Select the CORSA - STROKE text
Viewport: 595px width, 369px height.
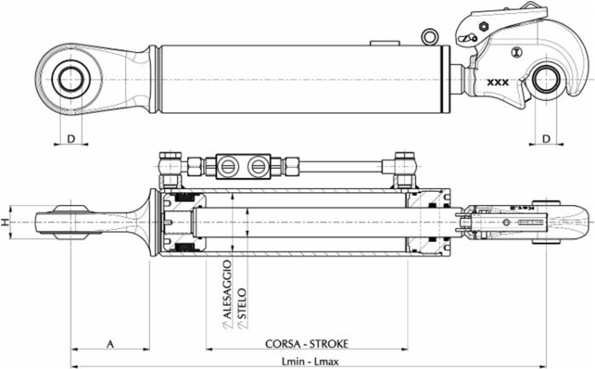pos(306,343)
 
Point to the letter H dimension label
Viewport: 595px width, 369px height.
pos(5,222)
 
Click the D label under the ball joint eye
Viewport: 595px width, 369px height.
pos(70,139)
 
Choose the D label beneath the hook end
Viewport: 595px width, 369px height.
pos(546,139)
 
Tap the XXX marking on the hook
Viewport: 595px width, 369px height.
pos(497,83)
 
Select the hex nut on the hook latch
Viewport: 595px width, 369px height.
pos(483,26)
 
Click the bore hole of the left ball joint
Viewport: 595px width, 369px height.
pos(70,79)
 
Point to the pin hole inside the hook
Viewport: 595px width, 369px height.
pos(546,79)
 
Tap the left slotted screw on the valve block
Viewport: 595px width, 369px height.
pos(227,166)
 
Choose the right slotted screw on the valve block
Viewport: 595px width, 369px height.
pos(258,166)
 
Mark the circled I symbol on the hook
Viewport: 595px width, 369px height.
pos(515,52)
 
